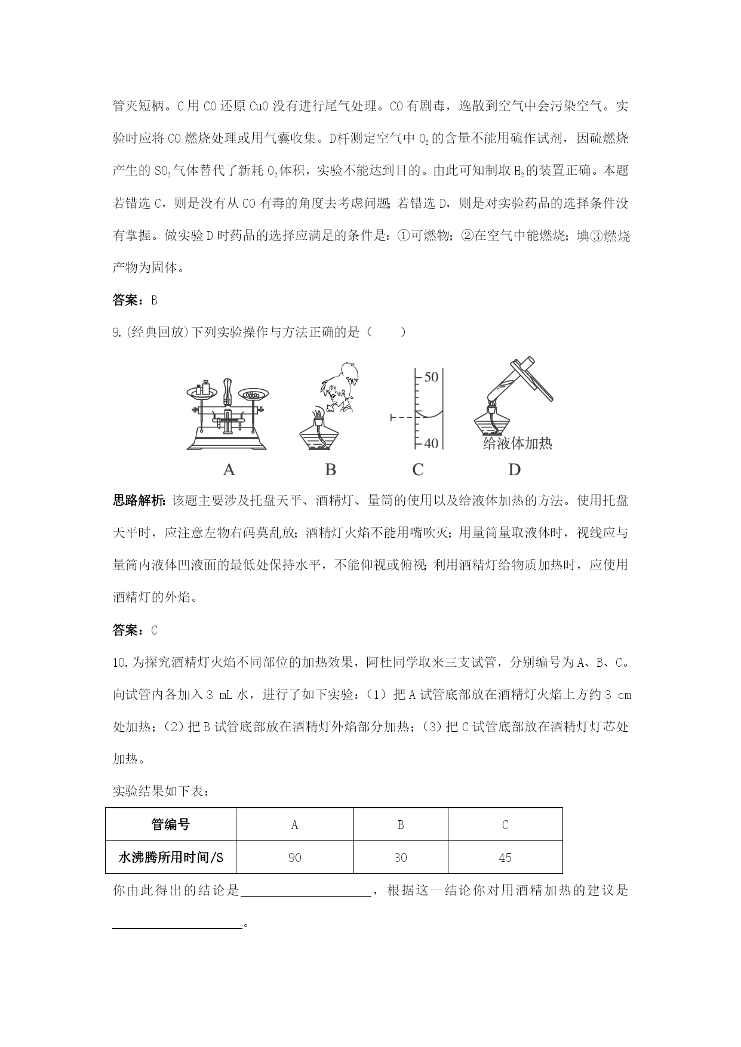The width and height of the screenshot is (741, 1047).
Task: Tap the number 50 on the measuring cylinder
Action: (431, 377)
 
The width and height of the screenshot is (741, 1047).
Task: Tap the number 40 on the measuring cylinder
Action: (431, 443)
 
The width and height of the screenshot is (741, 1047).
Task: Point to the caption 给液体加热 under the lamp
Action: (518, 443)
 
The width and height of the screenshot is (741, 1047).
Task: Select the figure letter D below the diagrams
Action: (514, 470)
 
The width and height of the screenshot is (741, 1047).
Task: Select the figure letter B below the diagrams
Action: (330, 470)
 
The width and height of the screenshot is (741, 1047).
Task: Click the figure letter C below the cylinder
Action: (417, 470)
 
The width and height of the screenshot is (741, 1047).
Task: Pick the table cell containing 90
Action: (294, 858)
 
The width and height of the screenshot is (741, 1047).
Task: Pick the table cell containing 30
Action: (401, 858)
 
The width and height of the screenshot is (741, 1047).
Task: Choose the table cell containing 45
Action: (505, 858)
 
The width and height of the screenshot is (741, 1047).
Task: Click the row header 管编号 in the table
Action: (171, 825)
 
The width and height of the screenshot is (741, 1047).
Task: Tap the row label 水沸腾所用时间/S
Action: (171, 858)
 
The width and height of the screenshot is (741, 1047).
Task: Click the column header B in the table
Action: (401, 825)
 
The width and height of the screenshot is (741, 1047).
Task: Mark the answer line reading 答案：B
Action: (135, 300)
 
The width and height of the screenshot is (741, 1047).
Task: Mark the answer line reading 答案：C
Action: (135, 630)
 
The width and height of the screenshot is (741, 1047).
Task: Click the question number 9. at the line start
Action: (117, 332)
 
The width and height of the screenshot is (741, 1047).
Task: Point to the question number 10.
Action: (120, 663)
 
